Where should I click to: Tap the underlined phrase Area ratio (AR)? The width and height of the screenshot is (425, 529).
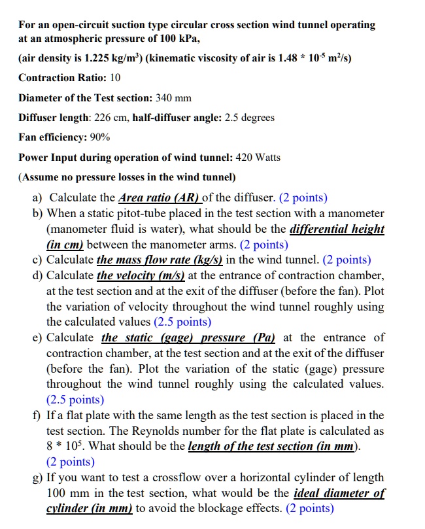(160, 197)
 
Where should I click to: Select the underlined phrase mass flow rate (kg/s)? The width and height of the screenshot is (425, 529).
(160, 260)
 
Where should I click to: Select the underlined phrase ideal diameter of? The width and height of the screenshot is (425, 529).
(339, 493)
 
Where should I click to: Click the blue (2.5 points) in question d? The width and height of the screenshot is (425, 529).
(182, 322)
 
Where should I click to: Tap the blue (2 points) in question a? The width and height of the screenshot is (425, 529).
(303, 197)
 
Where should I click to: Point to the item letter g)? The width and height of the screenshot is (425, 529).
(37, 477)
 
